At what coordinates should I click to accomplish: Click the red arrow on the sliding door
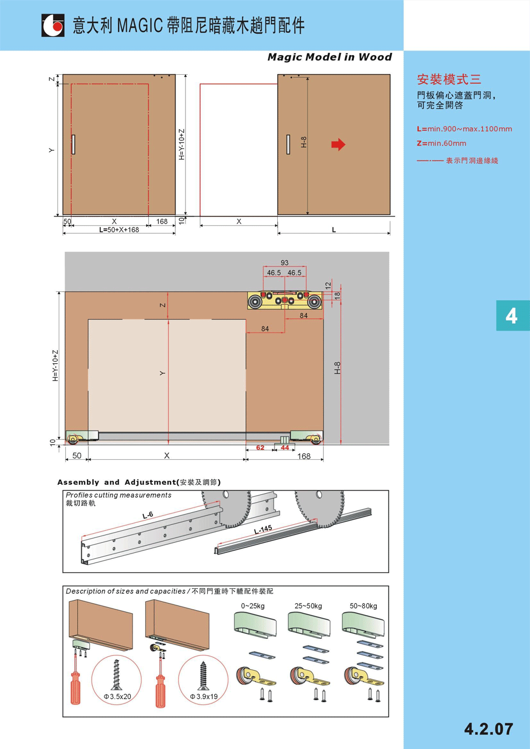(x=338, y=145)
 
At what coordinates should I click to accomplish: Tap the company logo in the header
(x=53, y=25)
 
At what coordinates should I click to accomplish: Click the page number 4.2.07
(x=489, y=729)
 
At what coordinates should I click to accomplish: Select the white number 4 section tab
(x=511, y=316)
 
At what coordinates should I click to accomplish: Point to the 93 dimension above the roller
(x=285, y=263)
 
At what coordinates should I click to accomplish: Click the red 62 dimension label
(x=260, y=448)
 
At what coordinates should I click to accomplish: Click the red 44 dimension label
(x=285, y=448)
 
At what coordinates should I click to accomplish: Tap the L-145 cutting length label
(x=263, y=530)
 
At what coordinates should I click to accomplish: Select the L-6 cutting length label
(x=147, y=515)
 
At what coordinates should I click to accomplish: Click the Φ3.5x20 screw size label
(x=118, y=697)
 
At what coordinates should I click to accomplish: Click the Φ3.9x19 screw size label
(x=204, y=697)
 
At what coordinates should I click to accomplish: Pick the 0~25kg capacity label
(x=253, y=606)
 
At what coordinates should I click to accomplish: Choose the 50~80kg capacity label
(x=364, y=606)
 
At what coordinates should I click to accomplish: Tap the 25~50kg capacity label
(x=308, y=606)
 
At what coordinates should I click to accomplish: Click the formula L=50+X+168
(x=119, y=230)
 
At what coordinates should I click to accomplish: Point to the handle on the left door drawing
(x=73, y=145)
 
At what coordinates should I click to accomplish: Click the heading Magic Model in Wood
(x=330, y=57)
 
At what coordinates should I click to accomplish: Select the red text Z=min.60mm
(x=441, y=144)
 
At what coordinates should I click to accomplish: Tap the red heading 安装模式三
(x=449, y=79)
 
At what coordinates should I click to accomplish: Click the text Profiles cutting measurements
(x=118, y=495)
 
